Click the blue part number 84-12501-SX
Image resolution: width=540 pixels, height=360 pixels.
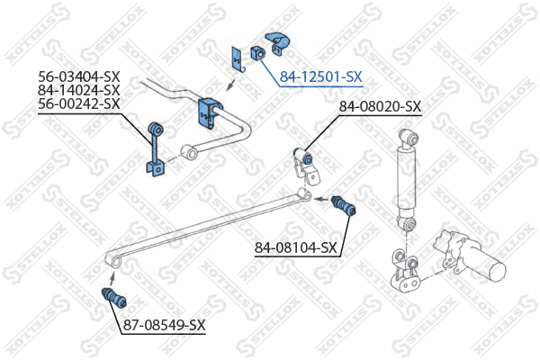click(x=320, y=76)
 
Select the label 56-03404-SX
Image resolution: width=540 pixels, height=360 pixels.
click(x=79, y=76)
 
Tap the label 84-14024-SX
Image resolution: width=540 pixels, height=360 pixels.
click(x=79, y=90)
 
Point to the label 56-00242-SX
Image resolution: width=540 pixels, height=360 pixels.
click(x=79, y=103)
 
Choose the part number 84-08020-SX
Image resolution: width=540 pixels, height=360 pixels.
click(x=380, y=107)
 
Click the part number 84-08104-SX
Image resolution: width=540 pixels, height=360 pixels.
click(x=295, y=247)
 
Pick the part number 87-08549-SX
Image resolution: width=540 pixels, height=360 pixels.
click(x=165, y=325)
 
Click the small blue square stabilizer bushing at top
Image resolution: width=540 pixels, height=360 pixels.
click(x=258, y=53)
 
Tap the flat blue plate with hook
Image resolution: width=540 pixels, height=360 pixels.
click(x=238, y=60)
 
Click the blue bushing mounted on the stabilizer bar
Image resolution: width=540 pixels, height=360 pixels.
click(x=210, y=113)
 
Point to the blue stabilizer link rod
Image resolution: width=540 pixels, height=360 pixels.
click(x=156, y=149)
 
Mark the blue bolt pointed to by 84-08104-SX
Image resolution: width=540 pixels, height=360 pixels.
click(x=344, y=206)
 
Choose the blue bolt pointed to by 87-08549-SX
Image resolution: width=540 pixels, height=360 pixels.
click(x=114, y=298)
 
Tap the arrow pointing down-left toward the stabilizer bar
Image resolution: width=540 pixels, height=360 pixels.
click(x=230, y=85)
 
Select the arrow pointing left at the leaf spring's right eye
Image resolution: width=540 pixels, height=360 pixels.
click(x=321, y=199)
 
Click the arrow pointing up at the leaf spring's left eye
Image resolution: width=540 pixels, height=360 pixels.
click(x=112, y=278)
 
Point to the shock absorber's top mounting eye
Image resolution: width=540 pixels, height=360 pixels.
click(x=409, y=137)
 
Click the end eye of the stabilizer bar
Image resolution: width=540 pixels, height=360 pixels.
click(x=189, y=152)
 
